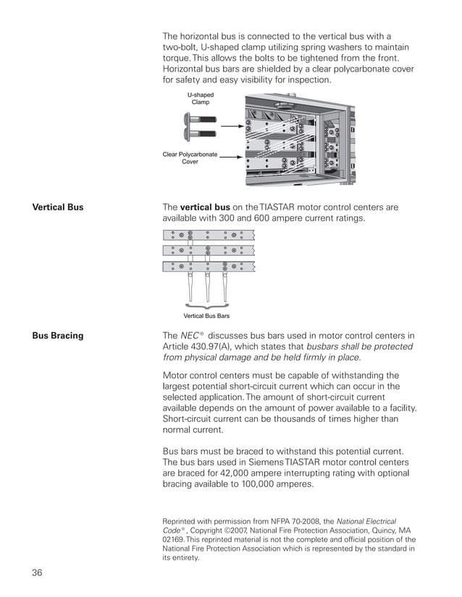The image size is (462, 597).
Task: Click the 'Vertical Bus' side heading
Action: [x=58, y=207]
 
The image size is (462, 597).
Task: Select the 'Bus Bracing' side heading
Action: [x=57, y=335]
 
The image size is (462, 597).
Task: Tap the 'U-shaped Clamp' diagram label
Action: [x=201, y=98]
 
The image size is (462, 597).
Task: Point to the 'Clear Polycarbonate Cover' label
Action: [x=190, y=158]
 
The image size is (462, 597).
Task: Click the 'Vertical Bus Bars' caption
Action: [x=206, y=316]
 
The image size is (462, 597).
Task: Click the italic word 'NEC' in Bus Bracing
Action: [x=189, y=335]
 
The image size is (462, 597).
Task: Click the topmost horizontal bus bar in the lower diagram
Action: [x=209, y=235]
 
